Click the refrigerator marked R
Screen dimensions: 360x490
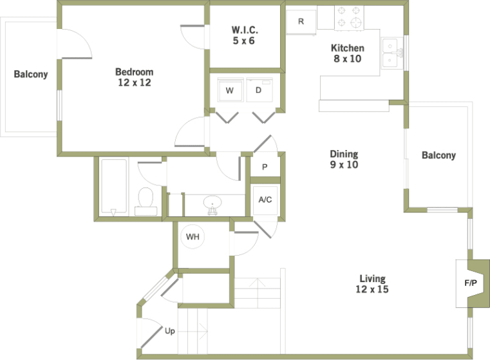[301, 20]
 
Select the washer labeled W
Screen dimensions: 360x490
[229, 91]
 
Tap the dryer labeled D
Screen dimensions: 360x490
[259, 91]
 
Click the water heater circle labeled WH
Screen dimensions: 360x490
[193, 237]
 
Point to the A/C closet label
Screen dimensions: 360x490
[265, 200]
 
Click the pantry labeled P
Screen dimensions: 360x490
[265, 167]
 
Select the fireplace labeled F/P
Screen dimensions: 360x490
[470, 283]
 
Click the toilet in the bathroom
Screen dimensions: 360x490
[146, 201]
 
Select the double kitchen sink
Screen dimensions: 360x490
[390, 53]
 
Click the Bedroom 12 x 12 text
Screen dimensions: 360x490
[134, 77]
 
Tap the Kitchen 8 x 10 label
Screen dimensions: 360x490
[347, 53]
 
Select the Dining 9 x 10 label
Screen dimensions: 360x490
[344, 159]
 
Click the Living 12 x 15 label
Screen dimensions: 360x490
[373, 283]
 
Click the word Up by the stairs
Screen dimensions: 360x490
[170, 332]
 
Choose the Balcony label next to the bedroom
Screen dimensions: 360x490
[31, 74]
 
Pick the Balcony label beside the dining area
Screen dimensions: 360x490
[438, 155]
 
